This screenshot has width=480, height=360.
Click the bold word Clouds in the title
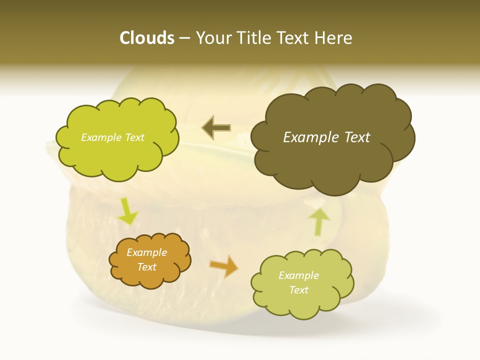(x=147, y=38)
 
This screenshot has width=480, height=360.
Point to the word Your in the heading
(x=211, y=38)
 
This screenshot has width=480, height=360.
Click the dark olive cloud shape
(x=332, y=160)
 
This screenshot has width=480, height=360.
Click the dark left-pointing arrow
(x=216, y=128)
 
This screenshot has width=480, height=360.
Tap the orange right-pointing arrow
(x=224, y=265)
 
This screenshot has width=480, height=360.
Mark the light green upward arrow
(x=320, y=221)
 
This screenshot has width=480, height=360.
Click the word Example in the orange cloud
(x=147, y=252)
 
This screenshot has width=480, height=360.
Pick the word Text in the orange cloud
(x=147, y=267)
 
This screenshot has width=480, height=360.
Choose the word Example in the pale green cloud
(x=298, y=275)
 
